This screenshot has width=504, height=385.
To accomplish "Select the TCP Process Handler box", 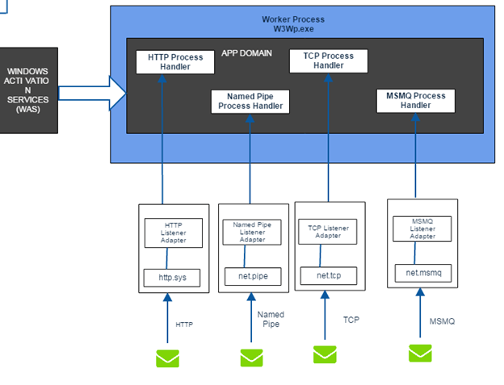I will (328, 61).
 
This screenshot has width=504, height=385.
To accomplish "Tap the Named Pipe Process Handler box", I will (250, 102).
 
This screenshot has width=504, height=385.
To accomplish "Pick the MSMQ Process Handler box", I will (415, 101).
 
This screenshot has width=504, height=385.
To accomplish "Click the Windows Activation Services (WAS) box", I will (28, 90).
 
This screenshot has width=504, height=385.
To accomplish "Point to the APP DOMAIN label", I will (246, 53).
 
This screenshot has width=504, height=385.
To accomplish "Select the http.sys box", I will (171, 278).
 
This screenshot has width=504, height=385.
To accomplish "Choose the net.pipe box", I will (253, 277).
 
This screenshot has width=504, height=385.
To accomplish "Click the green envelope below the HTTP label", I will (168, 357).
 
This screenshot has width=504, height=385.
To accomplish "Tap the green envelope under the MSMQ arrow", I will (420, 353).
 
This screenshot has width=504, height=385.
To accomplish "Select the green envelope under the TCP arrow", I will (325, 354).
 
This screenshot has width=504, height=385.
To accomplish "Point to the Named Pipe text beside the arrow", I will (270, 319).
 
